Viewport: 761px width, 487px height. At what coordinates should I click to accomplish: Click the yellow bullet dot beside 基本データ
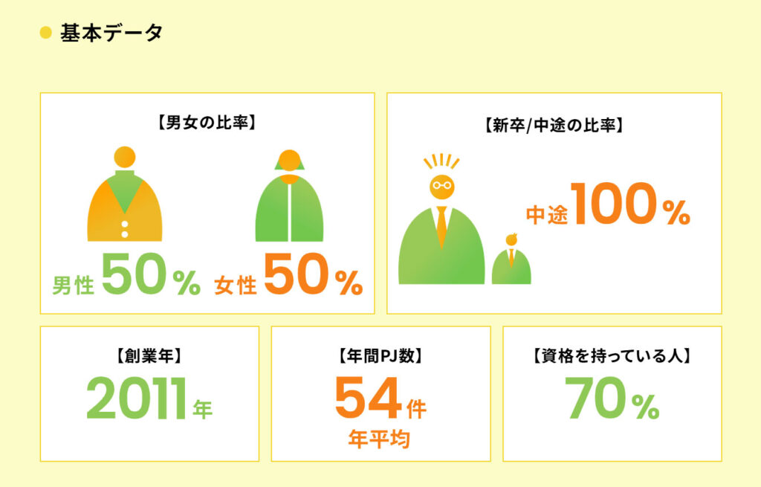coord(45,33)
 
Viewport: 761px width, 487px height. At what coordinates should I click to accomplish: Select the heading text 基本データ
coord(111,33)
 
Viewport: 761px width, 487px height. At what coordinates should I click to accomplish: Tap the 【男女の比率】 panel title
coord(207,122)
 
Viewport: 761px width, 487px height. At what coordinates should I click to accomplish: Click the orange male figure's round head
coord(125,158)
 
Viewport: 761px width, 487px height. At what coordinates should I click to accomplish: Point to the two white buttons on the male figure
coord(125,229)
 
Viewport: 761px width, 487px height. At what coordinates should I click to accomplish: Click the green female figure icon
coord(289,196)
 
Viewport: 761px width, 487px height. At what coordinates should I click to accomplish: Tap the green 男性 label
coord(73,285)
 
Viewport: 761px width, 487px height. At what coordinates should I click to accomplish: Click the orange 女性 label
coord(236,285)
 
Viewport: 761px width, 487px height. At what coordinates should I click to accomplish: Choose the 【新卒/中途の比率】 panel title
coord(554,125)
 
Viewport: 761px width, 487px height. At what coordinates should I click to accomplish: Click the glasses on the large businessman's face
coord(442,185)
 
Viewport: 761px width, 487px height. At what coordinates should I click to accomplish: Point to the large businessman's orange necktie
coord(441,227)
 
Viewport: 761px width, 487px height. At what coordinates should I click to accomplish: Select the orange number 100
coord(615,204)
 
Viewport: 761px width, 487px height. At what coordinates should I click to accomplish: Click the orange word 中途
coord(547,215)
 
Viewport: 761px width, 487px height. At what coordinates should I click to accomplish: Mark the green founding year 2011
coord(137,398)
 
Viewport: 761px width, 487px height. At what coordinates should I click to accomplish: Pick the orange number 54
coord(368,398)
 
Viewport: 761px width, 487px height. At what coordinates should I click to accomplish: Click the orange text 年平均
coord(379,439)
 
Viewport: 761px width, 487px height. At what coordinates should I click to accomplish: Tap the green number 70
coord(596,398)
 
